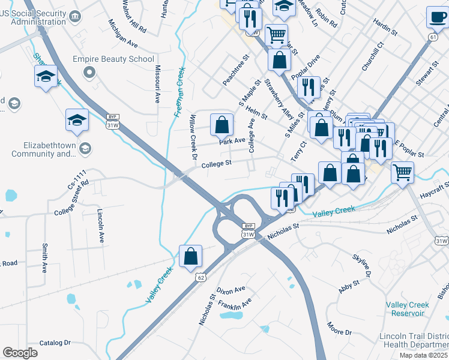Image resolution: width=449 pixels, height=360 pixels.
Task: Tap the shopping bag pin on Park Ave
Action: pos(221,124)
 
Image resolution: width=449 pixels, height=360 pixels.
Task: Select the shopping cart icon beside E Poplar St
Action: pos(402,172)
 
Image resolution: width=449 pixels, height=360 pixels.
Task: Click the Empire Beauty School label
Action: pos(113,59)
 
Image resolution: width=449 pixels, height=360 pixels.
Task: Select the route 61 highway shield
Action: pos(433,37)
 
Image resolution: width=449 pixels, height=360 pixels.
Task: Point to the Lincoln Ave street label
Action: pos(100,226)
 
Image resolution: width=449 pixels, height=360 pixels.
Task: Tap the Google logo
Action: pos(20,353)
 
